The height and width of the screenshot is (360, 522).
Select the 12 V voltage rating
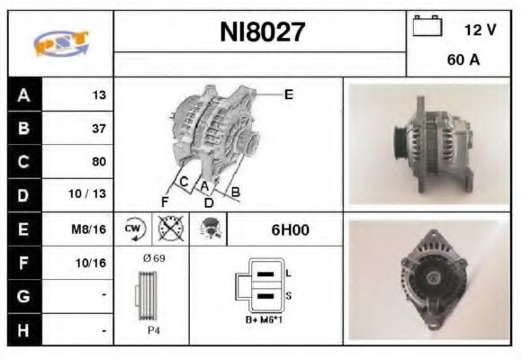click(x=480, y=30)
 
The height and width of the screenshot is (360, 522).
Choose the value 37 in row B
click(x=98, y=128)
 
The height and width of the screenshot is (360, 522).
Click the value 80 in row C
click(x=98, y=162)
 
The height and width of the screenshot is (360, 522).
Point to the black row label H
click(x=23, y=330)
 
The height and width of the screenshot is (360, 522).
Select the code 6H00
click(x=290, y=229)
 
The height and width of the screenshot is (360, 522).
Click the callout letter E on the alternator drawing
click(x=288, y=94)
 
